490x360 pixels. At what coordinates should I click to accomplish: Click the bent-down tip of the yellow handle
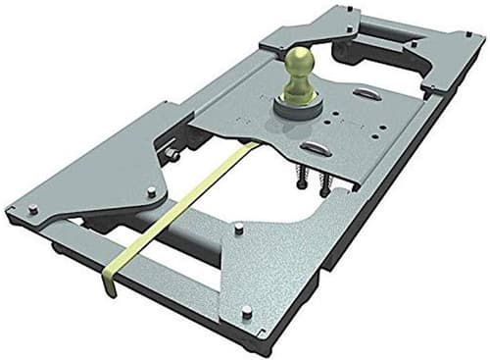click(111, 283)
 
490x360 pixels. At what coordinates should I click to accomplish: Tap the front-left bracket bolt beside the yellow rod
click(150, 192)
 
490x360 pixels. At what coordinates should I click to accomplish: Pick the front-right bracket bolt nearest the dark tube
click(238, 229)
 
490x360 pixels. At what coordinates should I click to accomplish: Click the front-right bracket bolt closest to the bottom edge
click(245, 312)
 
